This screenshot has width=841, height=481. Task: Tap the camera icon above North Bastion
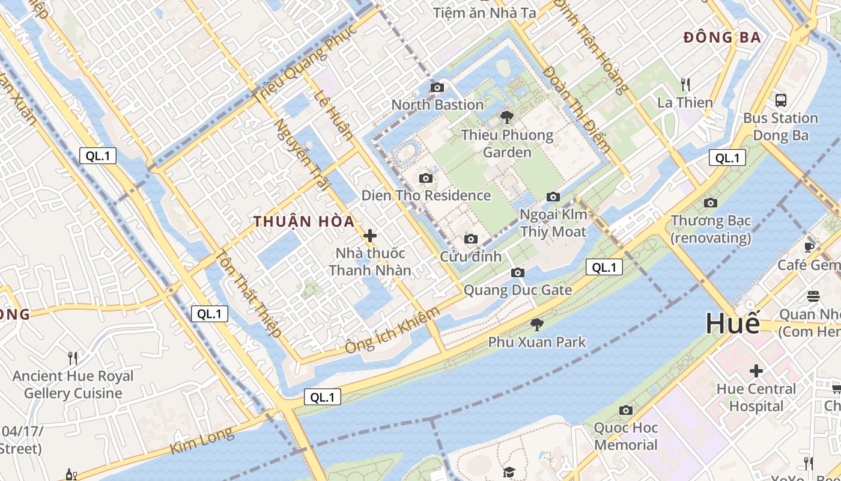tap(437, 88)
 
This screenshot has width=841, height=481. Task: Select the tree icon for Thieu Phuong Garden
tap(507, 117)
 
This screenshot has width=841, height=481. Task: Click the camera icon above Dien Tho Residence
tap(426, 178)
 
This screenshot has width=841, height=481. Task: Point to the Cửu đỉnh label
tap(470, 256)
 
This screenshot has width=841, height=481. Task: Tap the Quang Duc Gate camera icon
tap(517, 273)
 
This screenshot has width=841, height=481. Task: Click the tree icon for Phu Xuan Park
tap(536, 325)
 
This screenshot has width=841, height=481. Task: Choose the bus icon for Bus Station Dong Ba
tap(780, 100)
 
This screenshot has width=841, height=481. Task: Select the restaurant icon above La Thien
tap(685, 84)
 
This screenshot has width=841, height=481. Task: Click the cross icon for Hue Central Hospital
tap(756, 371)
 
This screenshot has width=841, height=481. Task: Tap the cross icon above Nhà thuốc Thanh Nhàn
tap(370, 236)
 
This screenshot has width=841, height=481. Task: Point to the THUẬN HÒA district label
tap(304, 221)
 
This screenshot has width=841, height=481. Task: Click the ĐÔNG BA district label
tap(722, 37)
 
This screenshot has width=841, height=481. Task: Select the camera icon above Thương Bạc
tap(711, 203)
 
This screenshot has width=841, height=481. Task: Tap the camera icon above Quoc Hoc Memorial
tap(626, 411)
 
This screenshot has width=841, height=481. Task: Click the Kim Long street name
tap(201, 441)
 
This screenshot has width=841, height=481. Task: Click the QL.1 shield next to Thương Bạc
tap(727, 158)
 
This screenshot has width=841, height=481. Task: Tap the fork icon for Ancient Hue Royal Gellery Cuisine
tap(73, 358)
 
